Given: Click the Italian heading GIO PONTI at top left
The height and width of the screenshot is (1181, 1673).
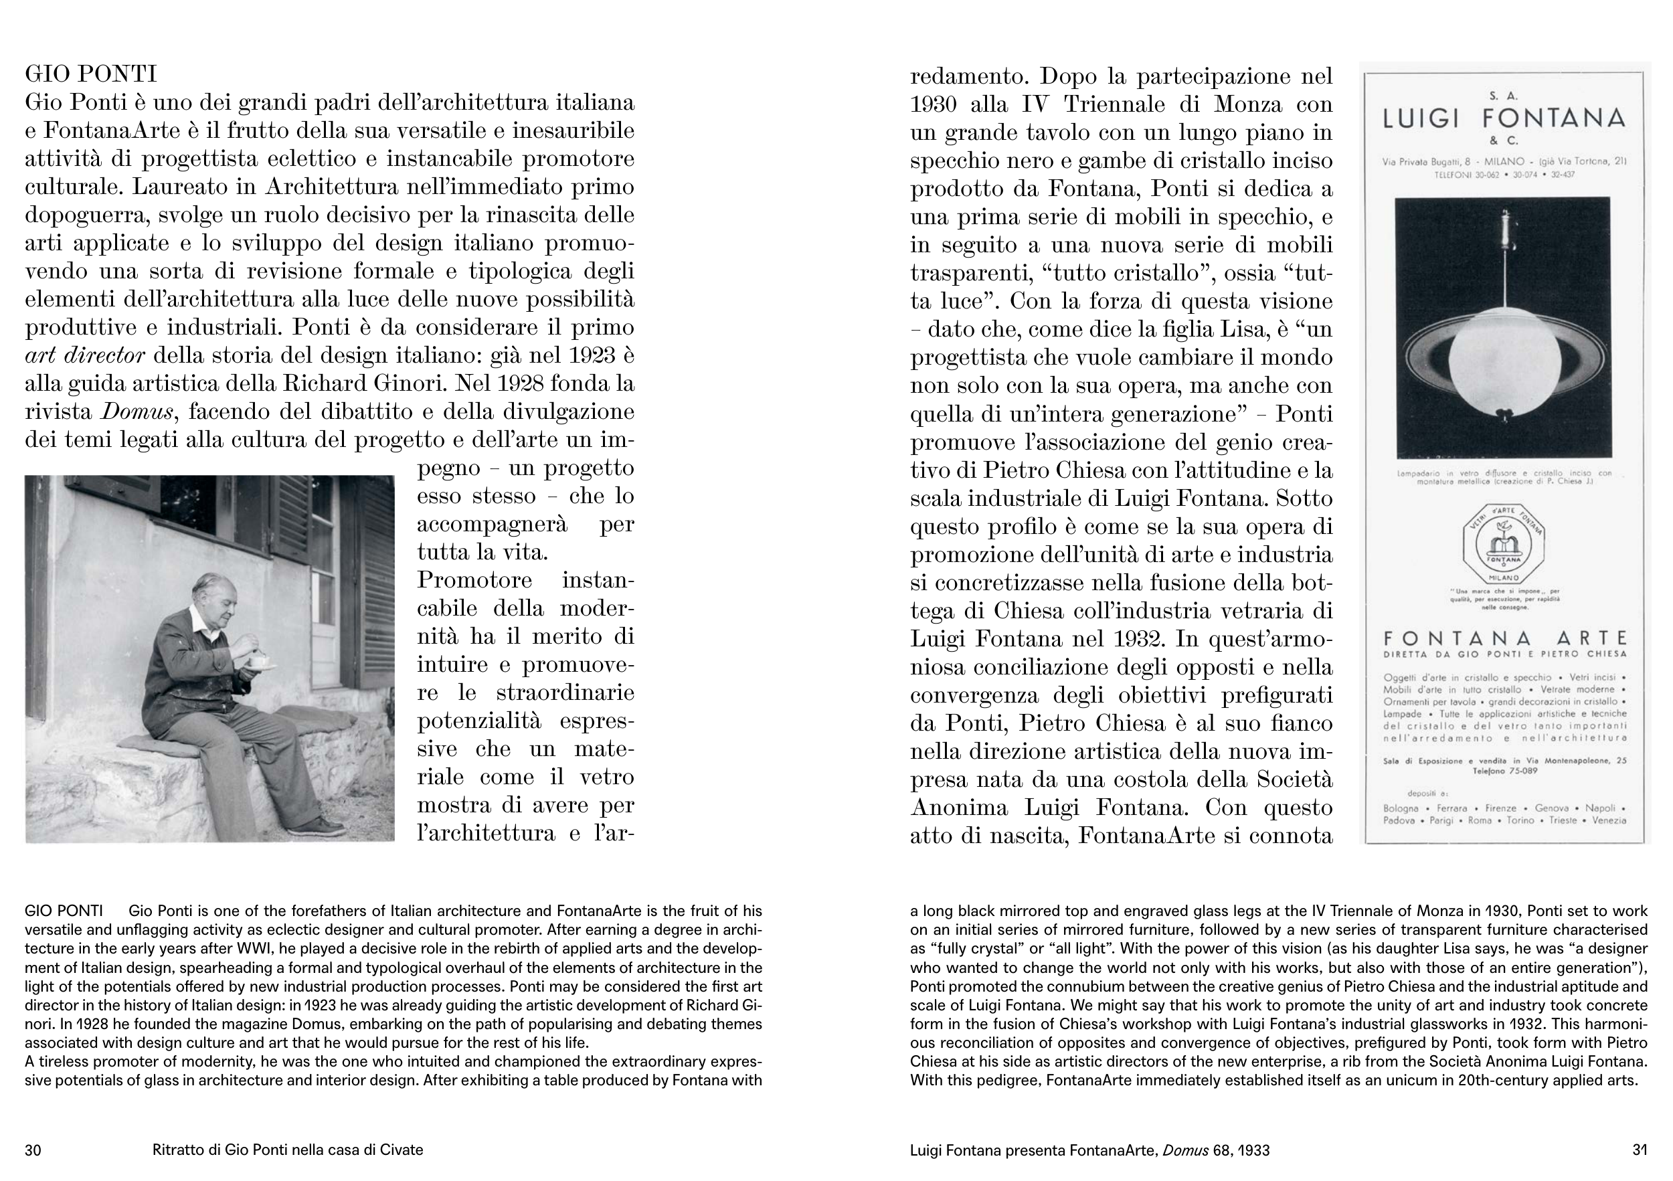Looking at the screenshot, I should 90,74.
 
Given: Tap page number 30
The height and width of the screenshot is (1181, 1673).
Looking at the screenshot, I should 33,1150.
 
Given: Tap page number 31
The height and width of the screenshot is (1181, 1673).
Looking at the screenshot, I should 1640,1150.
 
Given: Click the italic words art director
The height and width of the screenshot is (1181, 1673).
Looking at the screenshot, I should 84,355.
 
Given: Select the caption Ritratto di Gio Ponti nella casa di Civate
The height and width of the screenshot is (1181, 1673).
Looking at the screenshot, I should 287,1150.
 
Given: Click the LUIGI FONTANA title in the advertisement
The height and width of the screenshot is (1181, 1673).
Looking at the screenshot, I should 1503,118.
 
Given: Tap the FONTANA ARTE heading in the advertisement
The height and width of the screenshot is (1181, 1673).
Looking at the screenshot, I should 1504,639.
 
